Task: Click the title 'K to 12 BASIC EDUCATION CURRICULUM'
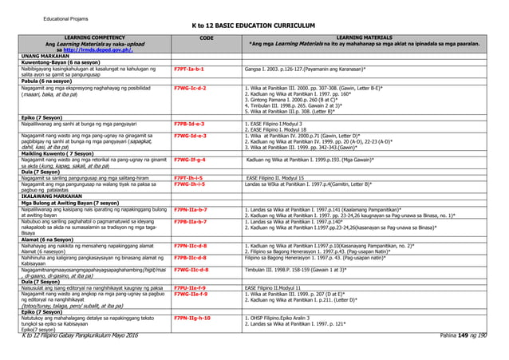coord(255,26)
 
